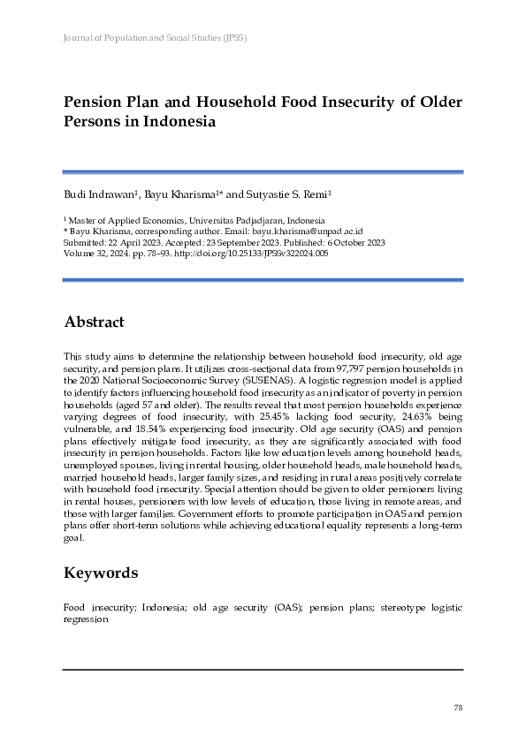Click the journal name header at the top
(x=155, y=39)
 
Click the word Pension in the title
(x=95, y=102)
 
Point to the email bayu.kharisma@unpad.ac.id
(x=293, y=232)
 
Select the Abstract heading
(x=94, y=323)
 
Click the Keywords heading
(x=101, y=573)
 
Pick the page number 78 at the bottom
(x=457, y=708)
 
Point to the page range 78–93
(x=145, y=253)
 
